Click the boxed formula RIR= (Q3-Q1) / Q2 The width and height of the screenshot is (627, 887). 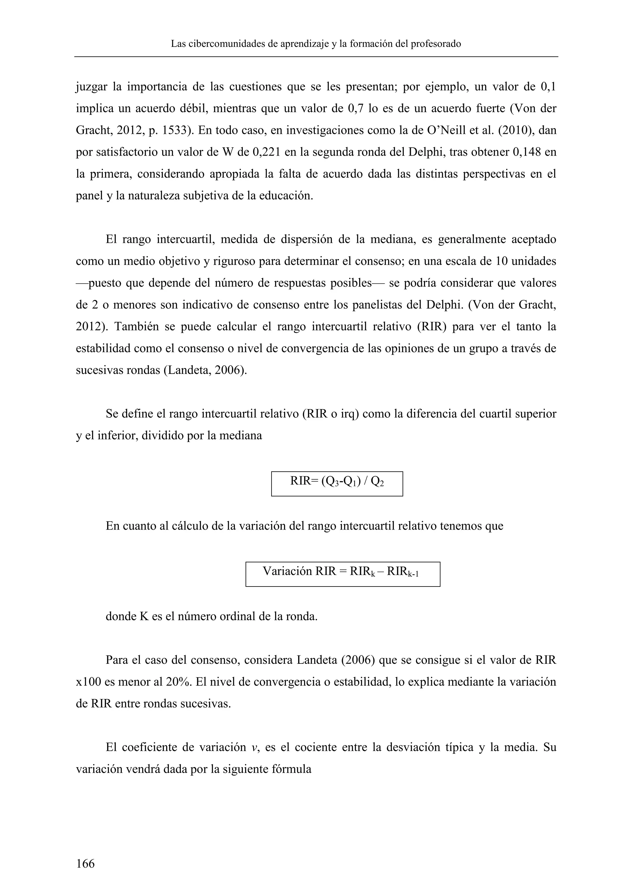pos(337,483)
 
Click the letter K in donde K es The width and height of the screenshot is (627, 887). pos(144,616)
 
